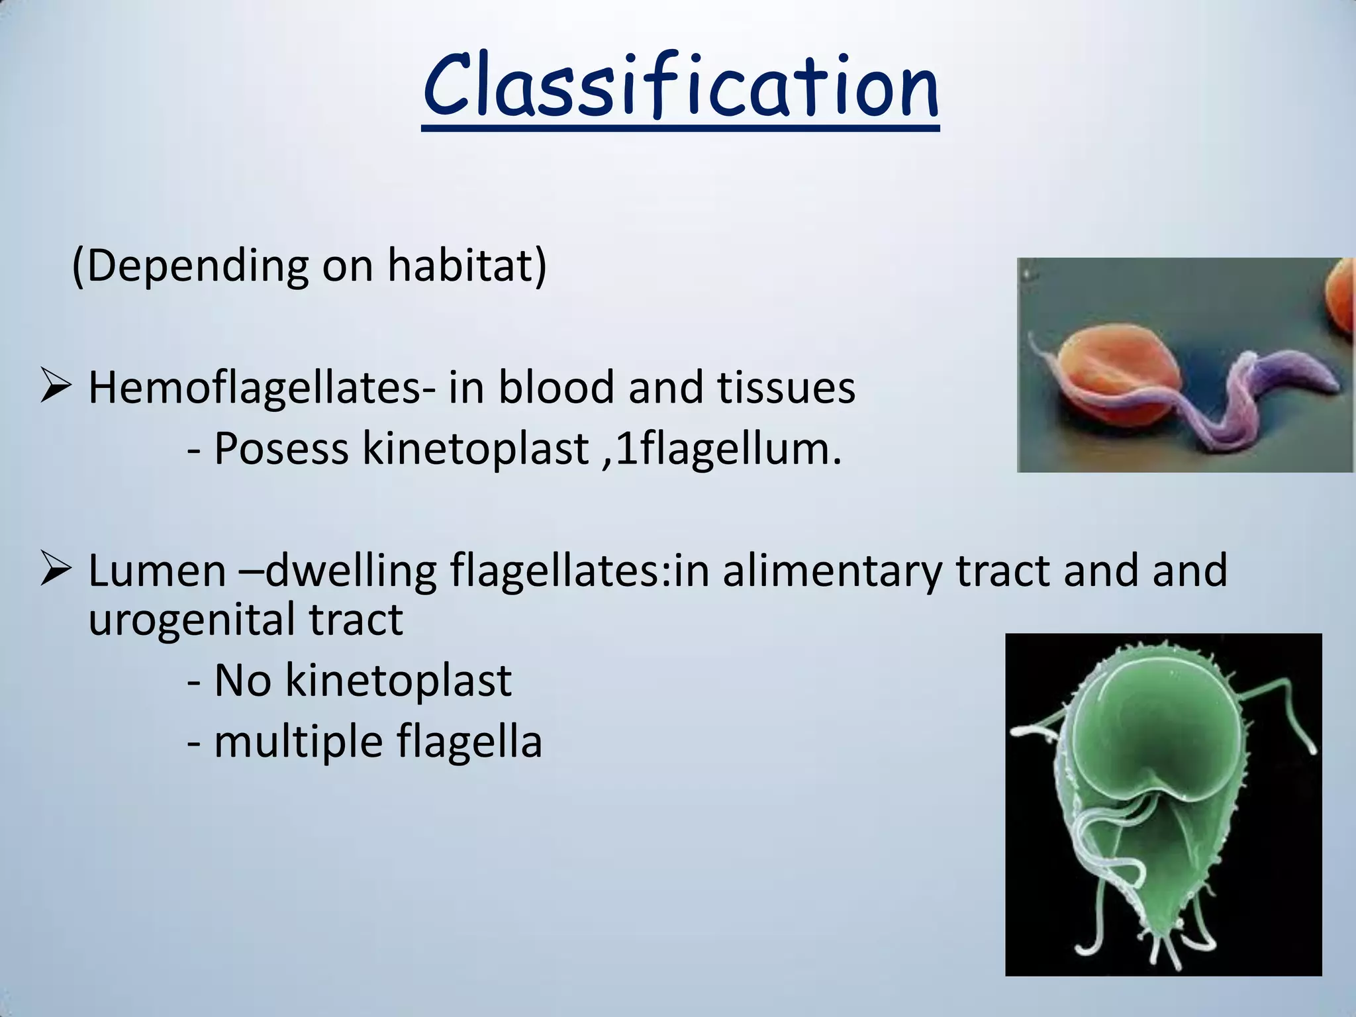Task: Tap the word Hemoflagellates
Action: tap(254, 388)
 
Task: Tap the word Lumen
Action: tap(157, 571)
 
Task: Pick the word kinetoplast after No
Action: tap(398, 681)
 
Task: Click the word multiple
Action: tap(298, 742)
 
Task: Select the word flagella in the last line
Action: tap(469, 742)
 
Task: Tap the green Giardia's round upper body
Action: tap(1159, 728)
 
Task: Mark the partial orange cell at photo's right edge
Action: tap(1341, 298)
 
